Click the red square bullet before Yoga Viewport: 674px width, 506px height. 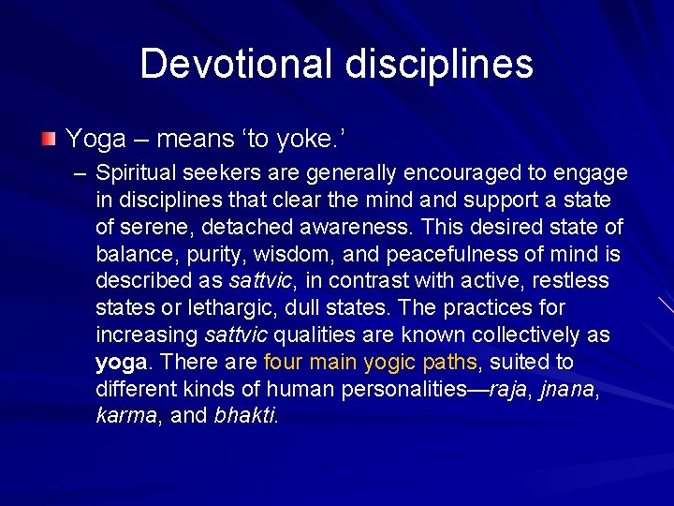49,140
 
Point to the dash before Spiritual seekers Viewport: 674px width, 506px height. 78,172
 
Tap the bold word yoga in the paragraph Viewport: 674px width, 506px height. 121,363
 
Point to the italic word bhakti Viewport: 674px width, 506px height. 245,416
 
